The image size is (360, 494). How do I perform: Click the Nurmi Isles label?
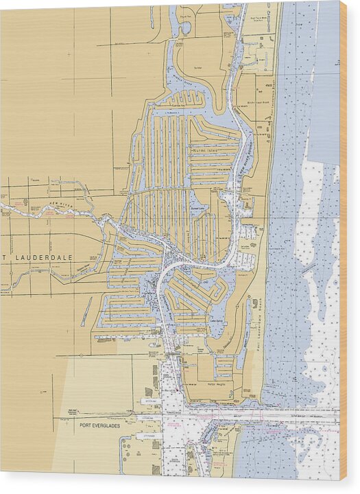[204, 150]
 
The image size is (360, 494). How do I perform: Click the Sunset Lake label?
[199, 212]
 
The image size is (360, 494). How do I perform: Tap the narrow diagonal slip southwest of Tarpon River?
[85, 311]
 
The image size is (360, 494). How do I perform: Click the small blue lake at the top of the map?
[184, 27]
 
